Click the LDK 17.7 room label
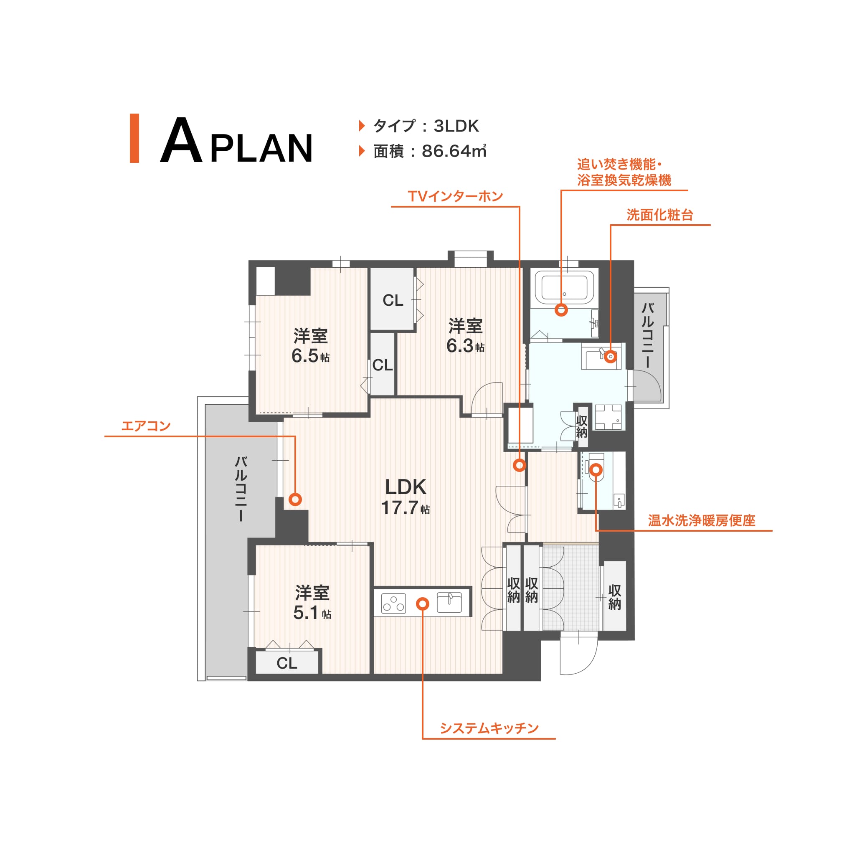pyautogui.click(x=405, y=497)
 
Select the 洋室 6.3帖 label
pyautogui.click(x=465, y=336)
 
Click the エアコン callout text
pyautogui.click(x=146, y=426)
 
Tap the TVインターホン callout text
pyautogui.click(x=456, y=196)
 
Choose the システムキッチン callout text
pyautogui.click(x=489, y=729)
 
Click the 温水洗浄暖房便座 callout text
pyautogui.click(x=701, y=521)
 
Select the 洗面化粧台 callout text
pyautogui.click(x=660, y=215)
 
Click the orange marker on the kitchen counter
pyautogui.click(x=423, y=603)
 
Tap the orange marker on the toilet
pyautogui.click(x=596, y=469)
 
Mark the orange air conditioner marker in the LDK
pyautogui.click(x=295, y=499)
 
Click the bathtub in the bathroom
pyautogui.click(x=564, y=287)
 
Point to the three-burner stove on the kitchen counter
pyautogui.click(x=394, y=603)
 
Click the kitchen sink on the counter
pyautogui.click(x=449, y=602)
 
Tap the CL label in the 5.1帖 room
pyautogui.click(x=287, y=664)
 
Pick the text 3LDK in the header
pyautogui.click(x=456, y=126)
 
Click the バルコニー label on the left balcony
pyautogui.click(x=241, y=489)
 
